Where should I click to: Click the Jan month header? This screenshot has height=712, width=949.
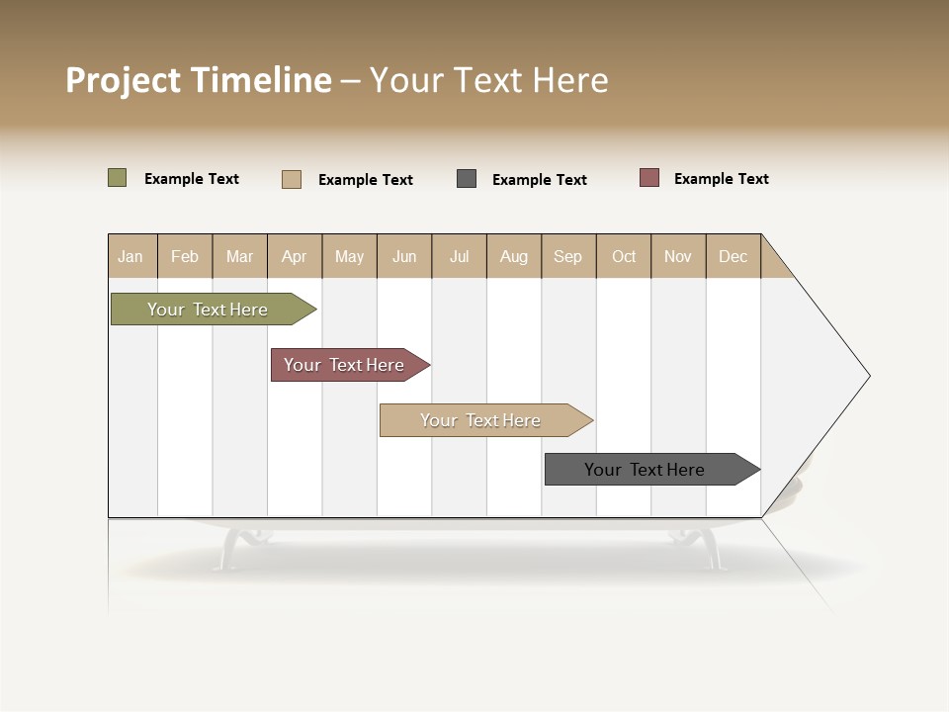(131, 256)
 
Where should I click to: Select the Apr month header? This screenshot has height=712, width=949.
(295, 256)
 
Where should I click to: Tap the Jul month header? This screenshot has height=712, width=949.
(459, 256)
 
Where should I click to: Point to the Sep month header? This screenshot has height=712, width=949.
(567, 256)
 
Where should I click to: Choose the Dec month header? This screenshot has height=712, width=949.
(733, 256)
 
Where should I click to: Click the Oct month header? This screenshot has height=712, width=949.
(623, 256)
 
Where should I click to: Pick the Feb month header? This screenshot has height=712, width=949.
(185, 256)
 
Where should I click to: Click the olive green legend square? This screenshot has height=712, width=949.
(118, 178)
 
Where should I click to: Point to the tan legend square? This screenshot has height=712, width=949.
(292, 179)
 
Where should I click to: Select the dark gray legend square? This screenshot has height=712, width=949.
(467, 179)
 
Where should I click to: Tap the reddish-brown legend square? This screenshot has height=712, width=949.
(649, 178)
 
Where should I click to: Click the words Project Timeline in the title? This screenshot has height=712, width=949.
(199, 80)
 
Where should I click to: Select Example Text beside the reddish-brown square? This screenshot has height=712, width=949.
(721, 179)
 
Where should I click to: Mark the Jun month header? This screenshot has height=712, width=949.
(404, 256)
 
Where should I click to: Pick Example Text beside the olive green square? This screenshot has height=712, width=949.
(192, 179)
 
